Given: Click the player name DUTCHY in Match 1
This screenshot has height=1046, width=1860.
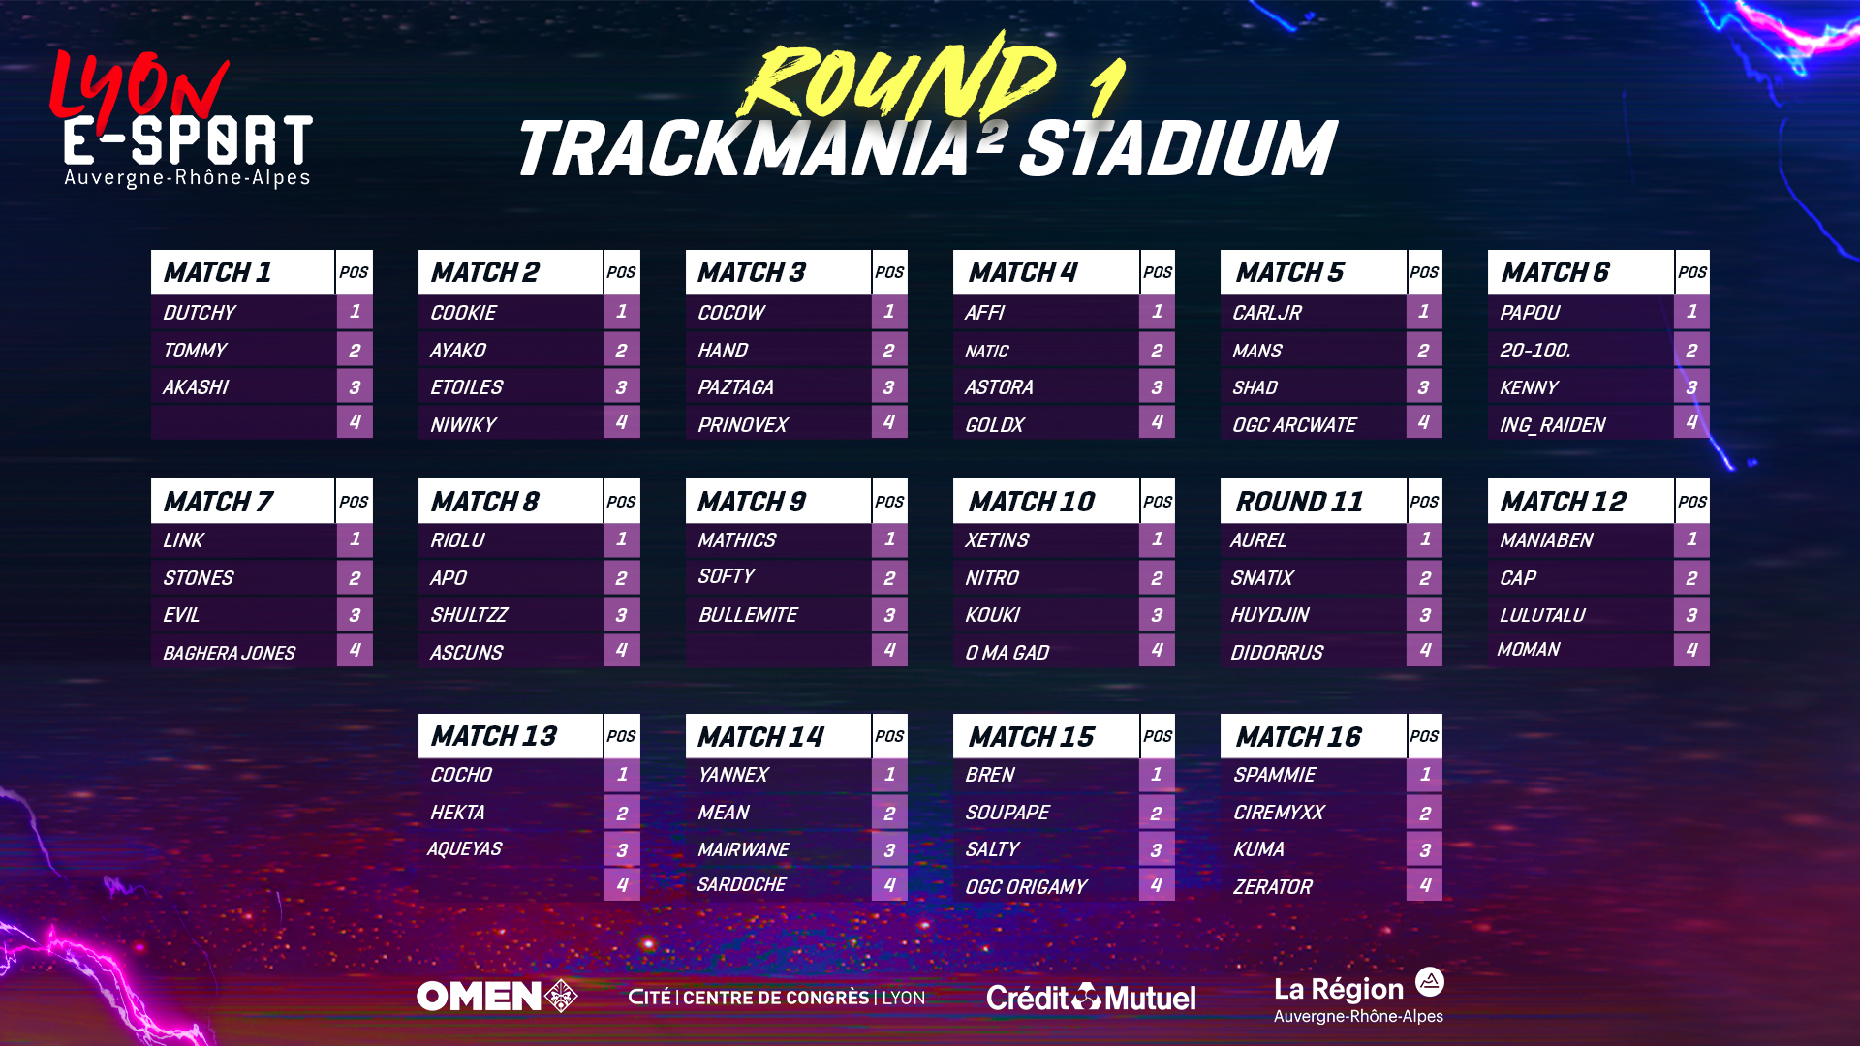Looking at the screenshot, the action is (199, 313).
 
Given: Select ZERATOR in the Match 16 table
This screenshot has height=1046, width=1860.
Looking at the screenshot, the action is (1272, 887).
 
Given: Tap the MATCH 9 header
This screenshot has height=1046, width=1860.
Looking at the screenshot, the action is (752, 502).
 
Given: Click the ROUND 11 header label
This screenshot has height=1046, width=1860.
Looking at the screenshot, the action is (1299, 502).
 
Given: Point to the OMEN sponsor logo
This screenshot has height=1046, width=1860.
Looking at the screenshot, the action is (497, 997).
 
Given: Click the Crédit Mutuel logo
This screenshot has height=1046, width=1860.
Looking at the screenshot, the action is (1091, 998).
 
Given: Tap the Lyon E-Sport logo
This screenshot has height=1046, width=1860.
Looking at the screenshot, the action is (181, 118).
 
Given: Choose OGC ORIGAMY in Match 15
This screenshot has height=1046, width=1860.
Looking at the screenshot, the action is (1026, 887).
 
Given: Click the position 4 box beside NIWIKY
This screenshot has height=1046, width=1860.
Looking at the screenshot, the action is (622, 422).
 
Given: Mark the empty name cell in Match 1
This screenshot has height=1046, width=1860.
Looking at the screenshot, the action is (242, 422).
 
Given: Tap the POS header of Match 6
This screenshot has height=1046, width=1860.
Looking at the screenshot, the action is (1692, 272).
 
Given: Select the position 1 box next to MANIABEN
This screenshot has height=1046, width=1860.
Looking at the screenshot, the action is (1691, 539).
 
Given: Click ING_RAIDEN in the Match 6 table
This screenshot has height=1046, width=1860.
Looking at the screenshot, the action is (1552, 425).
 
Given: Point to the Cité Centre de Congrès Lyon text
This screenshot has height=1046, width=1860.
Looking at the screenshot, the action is (777, 998).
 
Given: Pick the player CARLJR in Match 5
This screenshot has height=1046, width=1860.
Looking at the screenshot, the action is (1266, 313).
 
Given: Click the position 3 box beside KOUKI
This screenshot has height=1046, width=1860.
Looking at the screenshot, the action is (1157, 615).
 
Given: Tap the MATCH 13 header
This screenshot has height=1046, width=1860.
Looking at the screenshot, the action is (494, 737).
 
